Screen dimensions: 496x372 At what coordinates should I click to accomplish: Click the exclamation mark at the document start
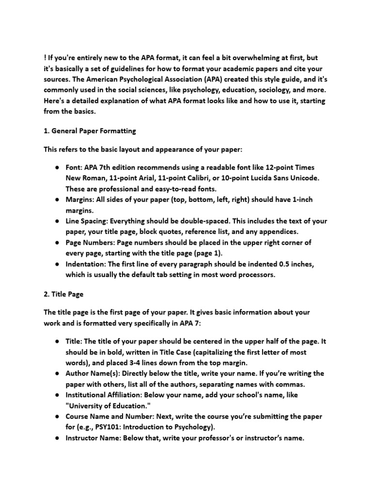45,59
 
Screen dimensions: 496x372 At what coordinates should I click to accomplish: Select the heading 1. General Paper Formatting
90,131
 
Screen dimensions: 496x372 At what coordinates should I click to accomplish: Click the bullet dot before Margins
57,200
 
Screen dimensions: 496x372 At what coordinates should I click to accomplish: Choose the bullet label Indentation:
85,264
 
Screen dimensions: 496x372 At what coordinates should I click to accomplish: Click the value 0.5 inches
294,264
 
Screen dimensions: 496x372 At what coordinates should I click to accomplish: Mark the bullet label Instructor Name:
93,438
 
